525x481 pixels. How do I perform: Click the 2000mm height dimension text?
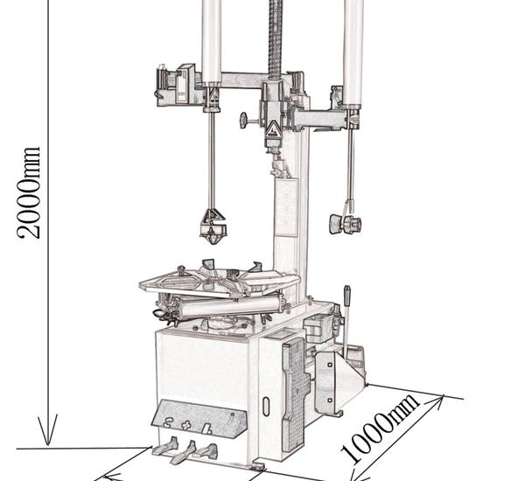pos(29,192)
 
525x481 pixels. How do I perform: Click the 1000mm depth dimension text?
pos(380,429)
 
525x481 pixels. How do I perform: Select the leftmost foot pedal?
pos(165,447)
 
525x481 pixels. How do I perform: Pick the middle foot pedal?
pos(184,452)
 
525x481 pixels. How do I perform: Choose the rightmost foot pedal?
pos(206,451)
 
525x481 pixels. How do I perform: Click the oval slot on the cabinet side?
pos(266,406)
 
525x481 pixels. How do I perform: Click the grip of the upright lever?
pos(347,296)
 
